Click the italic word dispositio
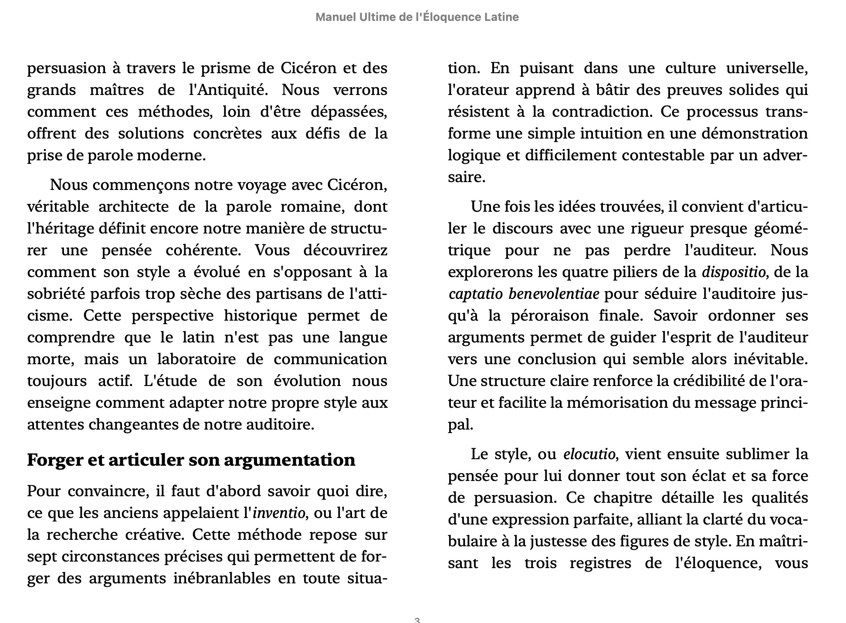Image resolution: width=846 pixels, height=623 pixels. pyautogui.click(x=734, y=272)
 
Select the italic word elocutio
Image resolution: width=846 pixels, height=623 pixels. pyautogui.click(x=589, y=454)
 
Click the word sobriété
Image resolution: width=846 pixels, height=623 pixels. pyautogui.click(x=55, y=294)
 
